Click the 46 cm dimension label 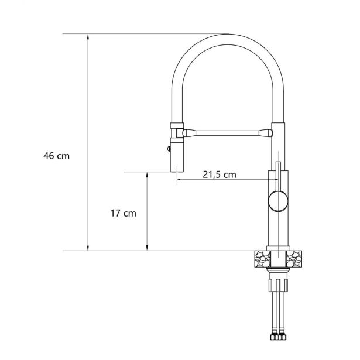click(x=56, y=156)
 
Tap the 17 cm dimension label click(x=124, y=213)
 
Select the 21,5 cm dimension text click(x=220, y=174)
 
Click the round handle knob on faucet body click(x=278, y=201)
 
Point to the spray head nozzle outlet click(x=177, y=171)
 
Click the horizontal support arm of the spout click(x=227, y=133)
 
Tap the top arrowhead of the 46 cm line click(x=88, y=37)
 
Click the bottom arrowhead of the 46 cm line click(x=88, y=248)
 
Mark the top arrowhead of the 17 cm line click(x=147, y=174)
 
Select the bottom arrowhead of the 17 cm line click(x=147, y=248)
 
